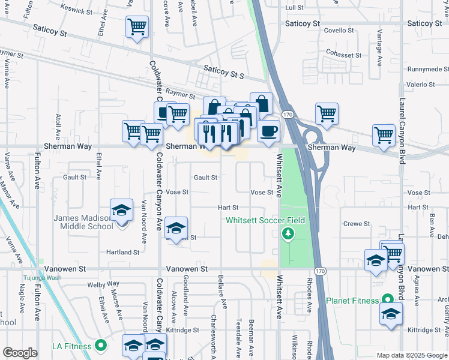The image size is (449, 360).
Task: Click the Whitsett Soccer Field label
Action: (265, 220)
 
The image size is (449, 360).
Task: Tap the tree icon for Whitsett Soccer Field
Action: (288, 233)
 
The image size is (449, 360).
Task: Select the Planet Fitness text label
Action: (352, 300)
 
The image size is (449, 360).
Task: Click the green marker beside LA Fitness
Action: (101, 346)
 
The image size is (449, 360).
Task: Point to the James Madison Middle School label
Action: (83, 221)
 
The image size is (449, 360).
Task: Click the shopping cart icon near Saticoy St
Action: (137, 26)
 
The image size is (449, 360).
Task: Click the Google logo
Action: (20, 353)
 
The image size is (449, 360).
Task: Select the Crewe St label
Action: (357, 224)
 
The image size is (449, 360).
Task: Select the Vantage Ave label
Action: (379, 52)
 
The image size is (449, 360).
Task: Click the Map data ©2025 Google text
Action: (412, 355)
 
